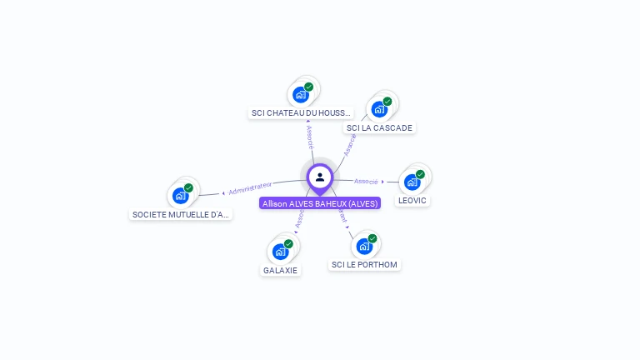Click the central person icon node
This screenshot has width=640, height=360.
(x=320, y=177)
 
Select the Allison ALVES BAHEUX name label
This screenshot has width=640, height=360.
(x=320, y=203)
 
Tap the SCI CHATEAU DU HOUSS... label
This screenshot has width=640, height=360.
(x=301, y=112)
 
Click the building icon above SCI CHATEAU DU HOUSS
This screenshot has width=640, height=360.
(x=301, y=94)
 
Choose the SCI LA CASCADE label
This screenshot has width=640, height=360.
(x=379, y=127)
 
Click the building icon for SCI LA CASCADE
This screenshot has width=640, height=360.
(x=380, y=109)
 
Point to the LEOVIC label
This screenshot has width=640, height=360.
(x=412, y=200)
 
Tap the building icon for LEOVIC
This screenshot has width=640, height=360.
(x=412, y=182)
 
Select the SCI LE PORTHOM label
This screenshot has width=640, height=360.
(x=364, y=264)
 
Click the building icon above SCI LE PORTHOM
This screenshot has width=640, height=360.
(x=364, y=246)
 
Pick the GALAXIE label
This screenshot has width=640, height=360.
(x=280, y=270)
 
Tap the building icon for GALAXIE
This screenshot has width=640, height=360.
(x=280, y=251)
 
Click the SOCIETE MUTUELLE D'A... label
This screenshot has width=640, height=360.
(x=181, y=214)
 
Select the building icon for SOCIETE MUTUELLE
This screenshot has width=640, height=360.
(x=181, y=196)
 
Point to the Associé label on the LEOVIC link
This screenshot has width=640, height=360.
(x=366, y=181)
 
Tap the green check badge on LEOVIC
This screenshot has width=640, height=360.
(x=420, y=174)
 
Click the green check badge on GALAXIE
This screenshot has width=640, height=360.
(x=288, y=243)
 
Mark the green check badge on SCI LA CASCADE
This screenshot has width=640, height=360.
(x=387, y=102)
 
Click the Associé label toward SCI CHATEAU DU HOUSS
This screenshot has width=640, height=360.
(x=309, y=133)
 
